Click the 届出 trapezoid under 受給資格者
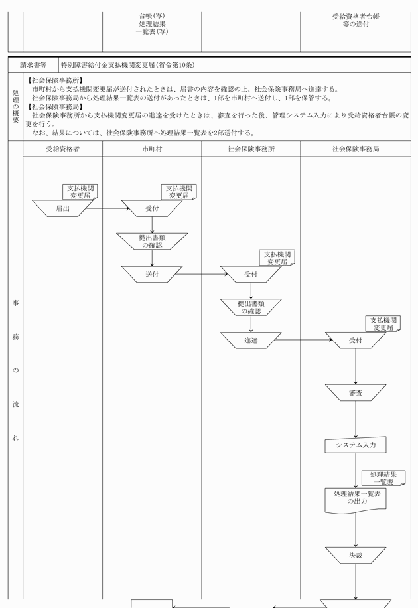(62, 208)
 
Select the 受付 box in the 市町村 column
(152, 208)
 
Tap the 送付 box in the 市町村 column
(152, 274)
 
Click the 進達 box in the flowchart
(251, 341)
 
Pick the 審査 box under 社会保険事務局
(356, 393)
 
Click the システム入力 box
(356, 445)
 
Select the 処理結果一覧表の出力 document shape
(356, 500)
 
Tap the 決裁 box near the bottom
(356, 555)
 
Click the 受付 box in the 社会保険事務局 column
(356, 341)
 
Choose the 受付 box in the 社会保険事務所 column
(251, 274)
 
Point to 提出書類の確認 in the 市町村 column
(152, 241)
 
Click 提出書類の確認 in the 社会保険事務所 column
(251, 307)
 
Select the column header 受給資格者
(62, 149)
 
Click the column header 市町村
(152, 149)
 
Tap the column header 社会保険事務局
(356, 149)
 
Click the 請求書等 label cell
(34, 65)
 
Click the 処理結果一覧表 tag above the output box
(383, 478)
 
